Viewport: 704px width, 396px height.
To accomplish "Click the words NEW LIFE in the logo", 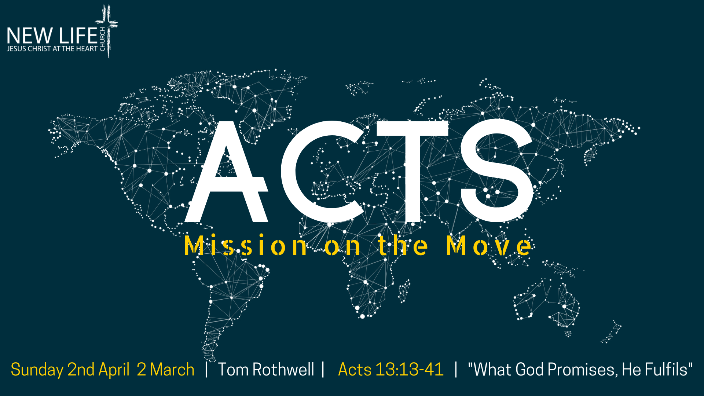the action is click(52, 36).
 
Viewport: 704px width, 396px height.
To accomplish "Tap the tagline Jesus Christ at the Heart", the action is click(52, 49).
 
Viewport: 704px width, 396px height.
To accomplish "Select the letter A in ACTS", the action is click(226, 172).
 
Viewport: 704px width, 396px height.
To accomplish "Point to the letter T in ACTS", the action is click(412, 172).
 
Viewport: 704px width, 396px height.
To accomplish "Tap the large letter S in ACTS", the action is click(497, 171).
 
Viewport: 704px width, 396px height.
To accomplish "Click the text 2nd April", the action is click(99, 370).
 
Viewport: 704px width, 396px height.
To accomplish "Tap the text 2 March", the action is click(165, 370).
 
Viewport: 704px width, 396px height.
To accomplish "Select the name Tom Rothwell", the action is click(266, 370).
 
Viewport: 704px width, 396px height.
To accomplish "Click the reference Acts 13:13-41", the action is click(391, 370).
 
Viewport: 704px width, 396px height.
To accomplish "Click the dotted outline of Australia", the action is click(546, 303).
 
